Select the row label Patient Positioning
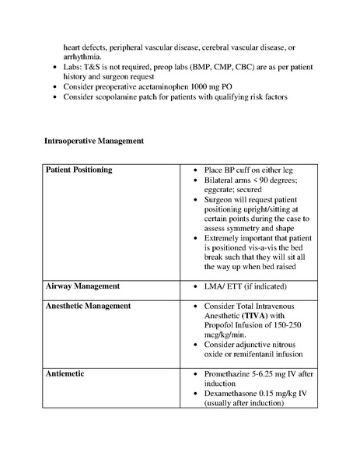point(79,170)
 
